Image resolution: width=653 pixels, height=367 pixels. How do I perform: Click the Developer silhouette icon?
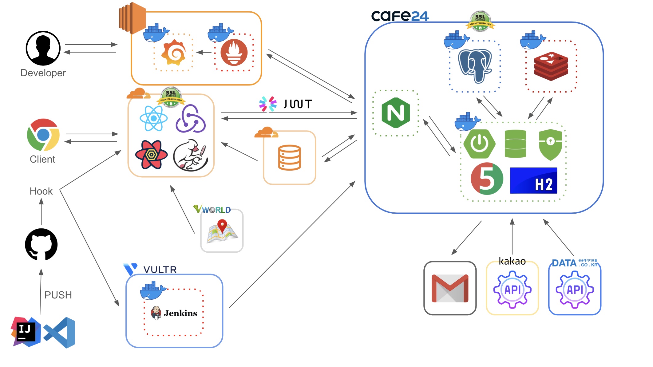click(43, 48)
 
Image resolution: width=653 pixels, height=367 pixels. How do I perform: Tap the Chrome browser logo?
click(43, 135)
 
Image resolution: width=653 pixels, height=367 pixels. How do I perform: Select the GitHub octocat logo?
click(41, 244)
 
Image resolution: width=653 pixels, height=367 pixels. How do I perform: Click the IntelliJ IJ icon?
click(26, 332)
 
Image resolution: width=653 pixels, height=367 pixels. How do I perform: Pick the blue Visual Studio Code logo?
click(60, 333)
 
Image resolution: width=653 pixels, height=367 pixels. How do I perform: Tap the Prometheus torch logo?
click(234, 53)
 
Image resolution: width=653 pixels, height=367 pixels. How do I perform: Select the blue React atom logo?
click(153, 118)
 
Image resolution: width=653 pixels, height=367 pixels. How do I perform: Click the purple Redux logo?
click(190, 119)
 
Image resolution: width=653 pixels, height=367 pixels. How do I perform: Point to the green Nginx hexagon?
click(396, 113)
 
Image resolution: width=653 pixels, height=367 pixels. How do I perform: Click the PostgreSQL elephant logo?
click(475, 66)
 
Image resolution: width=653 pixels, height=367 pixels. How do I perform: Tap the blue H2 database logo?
click(533, 180)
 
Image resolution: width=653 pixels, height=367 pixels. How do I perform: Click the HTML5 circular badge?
click(487, 179)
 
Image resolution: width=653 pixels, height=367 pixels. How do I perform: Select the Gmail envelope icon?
click(450, 288)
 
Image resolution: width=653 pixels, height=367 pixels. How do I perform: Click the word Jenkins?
click(180, 313)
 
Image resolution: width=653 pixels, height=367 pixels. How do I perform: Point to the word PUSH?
click(58, 295)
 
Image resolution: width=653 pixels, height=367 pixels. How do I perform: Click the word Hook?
click(41, 191)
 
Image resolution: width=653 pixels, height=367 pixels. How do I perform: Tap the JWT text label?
click(298, 104)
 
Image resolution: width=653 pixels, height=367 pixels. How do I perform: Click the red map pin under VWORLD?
click(222, 226)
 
